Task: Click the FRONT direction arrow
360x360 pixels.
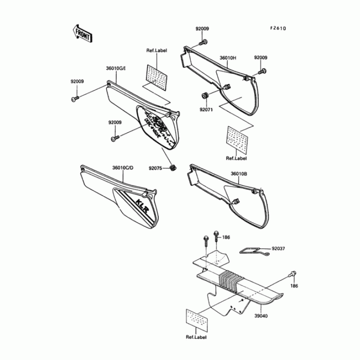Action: (x=81, y=33)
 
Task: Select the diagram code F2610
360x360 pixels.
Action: (x=278, y=28)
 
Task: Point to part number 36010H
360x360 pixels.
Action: (x=228, y=58)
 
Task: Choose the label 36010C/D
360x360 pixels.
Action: (x=123, y=168)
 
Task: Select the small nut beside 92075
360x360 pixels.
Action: (x=172, y=168)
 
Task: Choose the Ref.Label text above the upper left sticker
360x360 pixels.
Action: (x=157, y=51)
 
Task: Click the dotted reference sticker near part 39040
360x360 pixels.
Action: (x=196, y=320)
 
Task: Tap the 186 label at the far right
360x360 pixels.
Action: (x=294, y=286)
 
